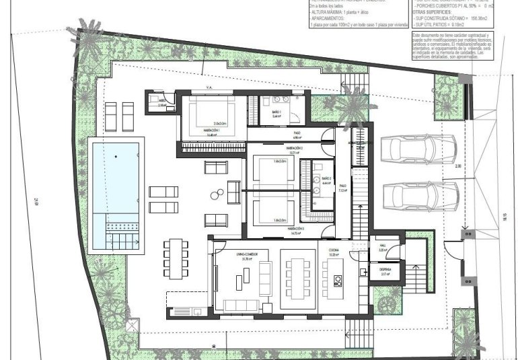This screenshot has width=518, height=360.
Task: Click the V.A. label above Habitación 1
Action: click(x=209, y=87)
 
